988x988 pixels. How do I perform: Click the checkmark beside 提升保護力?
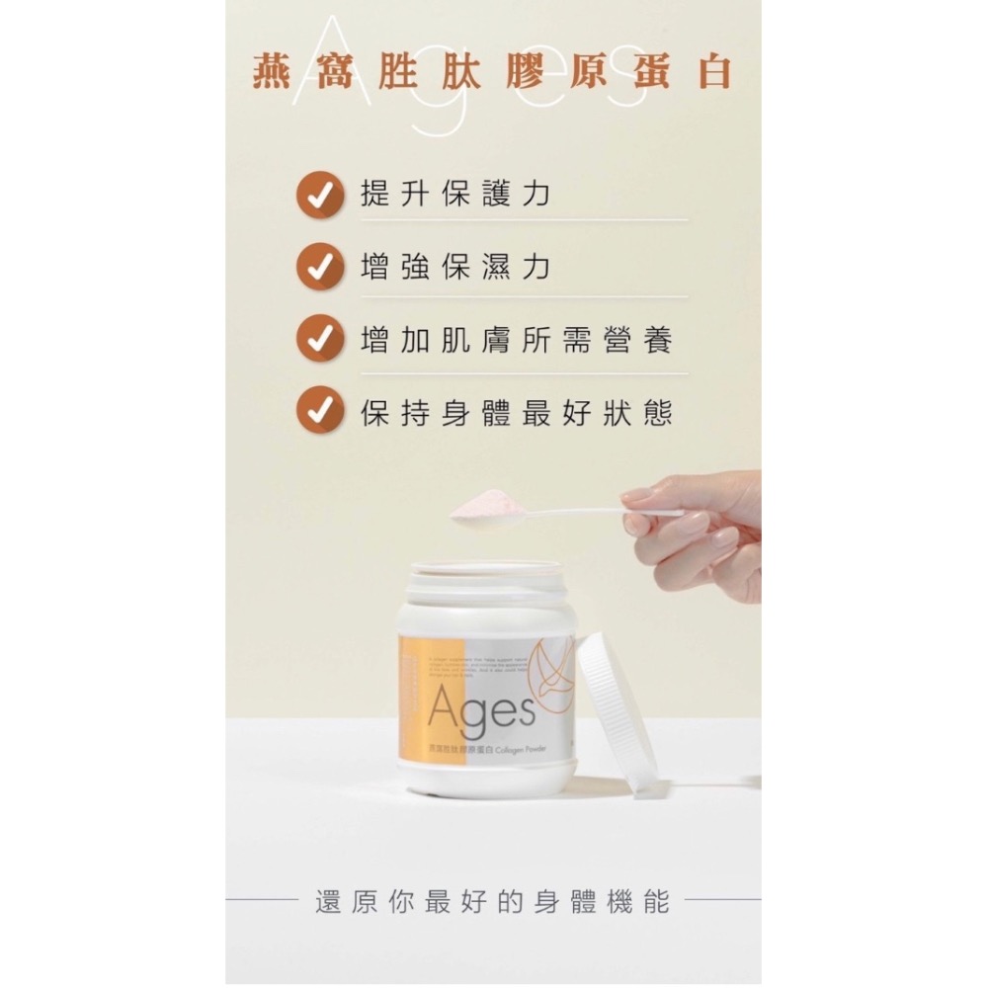pyautogui.click(x=320, y=195)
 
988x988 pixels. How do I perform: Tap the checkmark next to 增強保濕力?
pyautogui.click(x=320, y=267)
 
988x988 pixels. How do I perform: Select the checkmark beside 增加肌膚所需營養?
pyautogui.click(x=320, y=339)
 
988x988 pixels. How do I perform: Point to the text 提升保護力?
pyautogui.click(x=454, y=195)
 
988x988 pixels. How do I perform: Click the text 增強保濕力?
pyautogui.click(x=454, y=267)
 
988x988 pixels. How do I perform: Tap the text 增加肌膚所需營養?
pyautogui.click(x=517, y=340)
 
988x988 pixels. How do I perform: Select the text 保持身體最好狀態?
pyautogui.click(x=517, y=412)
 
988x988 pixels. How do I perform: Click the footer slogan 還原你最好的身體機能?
pyautogui.click(x=492, y=901)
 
